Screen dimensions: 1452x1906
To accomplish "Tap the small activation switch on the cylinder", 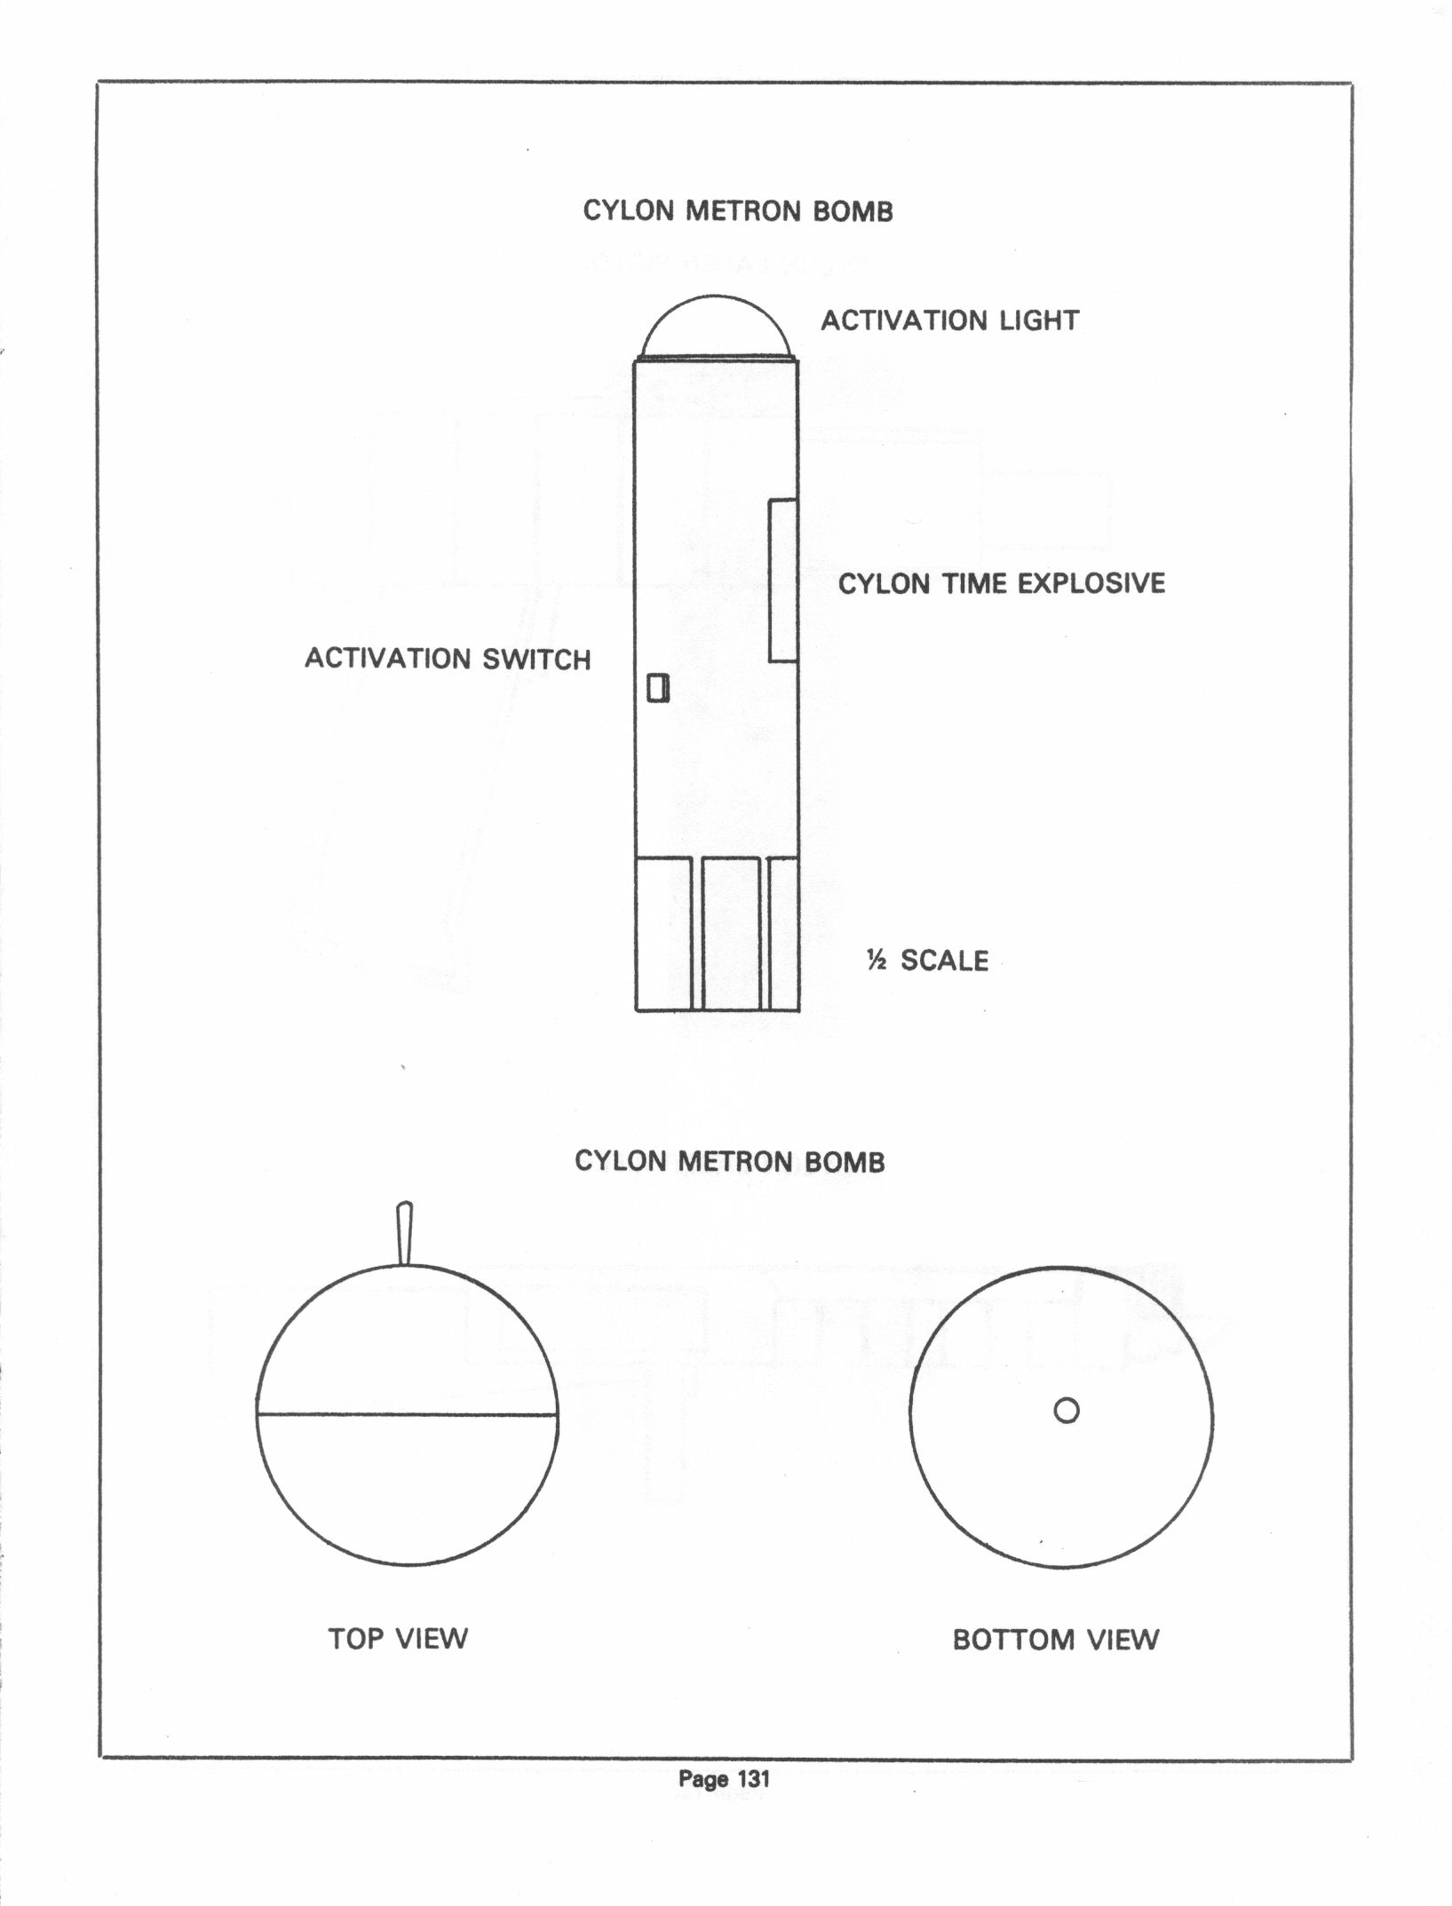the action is click(657, 688).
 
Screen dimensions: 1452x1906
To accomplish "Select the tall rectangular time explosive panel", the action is click(782, 581).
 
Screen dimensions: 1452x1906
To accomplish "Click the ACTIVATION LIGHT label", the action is click(949, 320).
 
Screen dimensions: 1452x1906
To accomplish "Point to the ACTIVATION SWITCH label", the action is click(448, 659).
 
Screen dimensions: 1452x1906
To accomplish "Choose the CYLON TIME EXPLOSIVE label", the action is click(1002, 583).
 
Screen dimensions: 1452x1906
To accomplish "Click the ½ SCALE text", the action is click(928, 960).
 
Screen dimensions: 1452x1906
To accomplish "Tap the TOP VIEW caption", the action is click(398, 1638).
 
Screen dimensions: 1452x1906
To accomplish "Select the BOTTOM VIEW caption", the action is click(1056, 1639).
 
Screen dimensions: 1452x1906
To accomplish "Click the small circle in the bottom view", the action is click(1067, 1410).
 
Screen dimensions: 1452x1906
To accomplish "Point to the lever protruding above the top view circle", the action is click(405, 1234).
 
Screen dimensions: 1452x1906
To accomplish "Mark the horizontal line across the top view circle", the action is click(408, 1413).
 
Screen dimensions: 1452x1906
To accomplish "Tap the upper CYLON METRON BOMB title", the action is click(738, 211).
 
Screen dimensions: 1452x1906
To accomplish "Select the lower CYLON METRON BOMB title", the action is click(730, 1161).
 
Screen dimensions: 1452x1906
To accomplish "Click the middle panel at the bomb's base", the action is click(731, 934).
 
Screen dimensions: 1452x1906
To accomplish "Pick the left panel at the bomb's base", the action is click(664, 934).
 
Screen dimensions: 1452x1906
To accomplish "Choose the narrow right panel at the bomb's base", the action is click(783, 934).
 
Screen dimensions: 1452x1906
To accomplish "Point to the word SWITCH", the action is click(536, 660).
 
